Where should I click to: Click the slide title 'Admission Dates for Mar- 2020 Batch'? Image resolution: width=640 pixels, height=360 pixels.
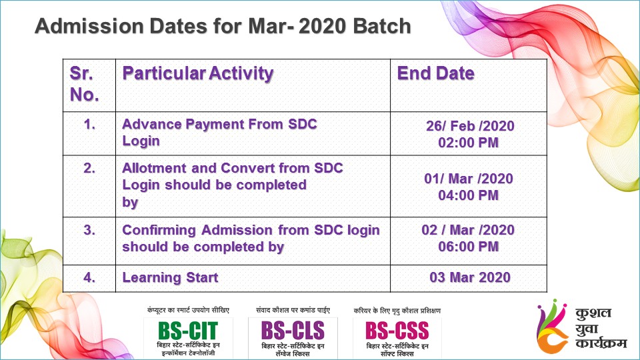(x=223, y=26)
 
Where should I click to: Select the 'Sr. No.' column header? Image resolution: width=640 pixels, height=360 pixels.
(x=85, y=84)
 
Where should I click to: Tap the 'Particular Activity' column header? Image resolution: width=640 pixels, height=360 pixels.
(x=198, y=73)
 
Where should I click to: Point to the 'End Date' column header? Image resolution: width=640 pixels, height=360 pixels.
(x=435, y=73)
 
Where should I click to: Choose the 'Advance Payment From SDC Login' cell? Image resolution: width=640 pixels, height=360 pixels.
(x=219, y=132)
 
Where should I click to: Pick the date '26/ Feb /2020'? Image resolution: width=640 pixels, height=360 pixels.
(x=470, y=126)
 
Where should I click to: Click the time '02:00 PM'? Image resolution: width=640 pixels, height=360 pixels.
(x=468, y=143)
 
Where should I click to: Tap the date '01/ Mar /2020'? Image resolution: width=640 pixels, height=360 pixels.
(x=469, y=179)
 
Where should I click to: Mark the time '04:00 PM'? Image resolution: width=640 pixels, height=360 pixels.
(x=468, y=195)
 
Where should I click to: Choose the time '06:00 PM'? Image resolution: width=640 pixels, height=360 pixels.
(x=468, y=247)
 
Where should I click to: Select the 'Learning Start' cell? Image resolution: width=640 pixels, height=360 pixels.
(x=170, y=277)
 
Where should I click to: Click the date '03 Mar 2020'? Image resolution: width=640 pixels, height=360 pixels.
(x=470, y=277)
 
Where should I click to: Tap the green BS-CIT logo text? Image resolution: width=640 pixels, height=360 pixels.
(x=188, y=331)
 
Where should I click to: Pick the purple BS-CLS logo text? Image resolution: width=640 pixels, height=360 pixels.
(x=293, y=331)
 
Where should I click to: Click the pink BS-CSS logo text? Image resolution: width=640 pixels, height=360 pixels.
(x=397, y=331)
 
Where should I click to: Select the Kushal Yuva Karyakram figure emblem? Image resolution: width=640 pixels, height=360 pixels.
(x=552, y=326)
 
